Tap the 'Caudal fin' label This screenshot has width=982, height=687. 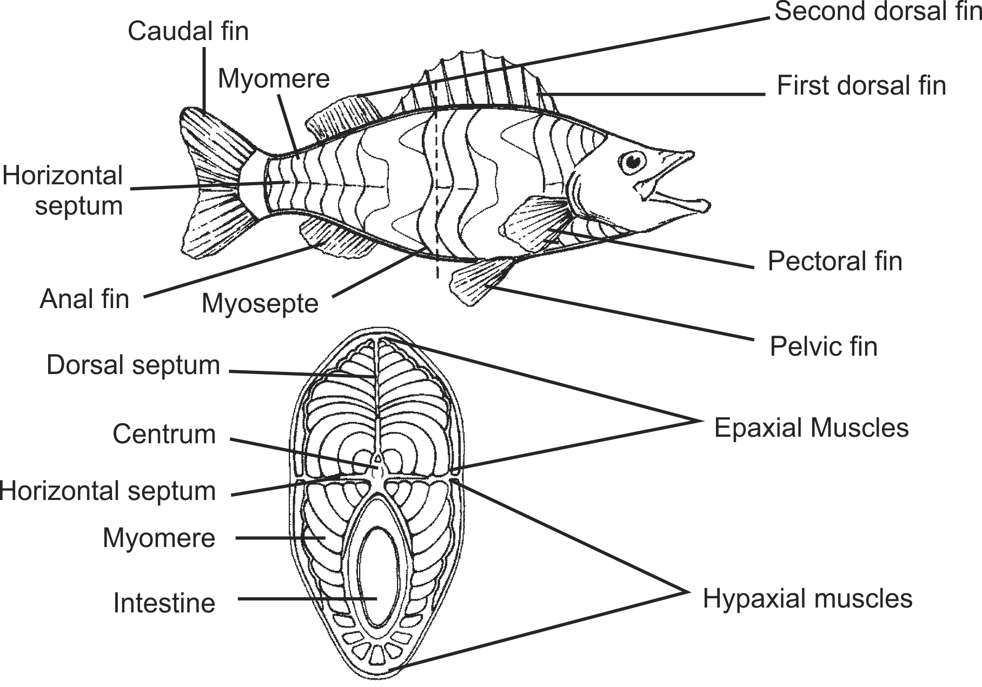coord(188,31)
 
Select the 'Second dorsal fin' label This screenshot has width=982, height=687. coord(877,12)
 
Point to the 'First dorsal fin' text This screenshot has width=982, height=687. coord(861,86)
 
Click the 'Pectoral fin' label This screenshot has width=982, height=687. coord(835,262)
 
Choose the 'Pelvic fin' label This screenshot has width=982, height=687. coord(823,346)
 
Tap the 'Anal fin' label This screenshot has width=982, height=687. coord(85,299)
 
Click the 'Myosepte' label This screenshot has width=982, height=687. coord(260,303)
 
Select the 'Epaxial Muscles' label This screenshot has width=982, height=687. coord(811,428)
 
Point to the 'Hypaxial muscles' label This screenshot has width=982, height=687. coord(807,599)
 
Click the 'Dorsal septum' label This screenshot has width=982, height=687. coord(134,365)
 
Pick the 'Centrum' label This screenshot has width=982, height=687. coord(164,435)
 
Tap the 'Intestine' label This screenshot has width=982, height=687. coord(164,603)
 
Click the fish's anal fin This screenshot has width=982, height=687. coord(335,238)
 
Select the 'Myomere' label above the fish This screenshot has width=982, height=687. coord(274,79)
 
